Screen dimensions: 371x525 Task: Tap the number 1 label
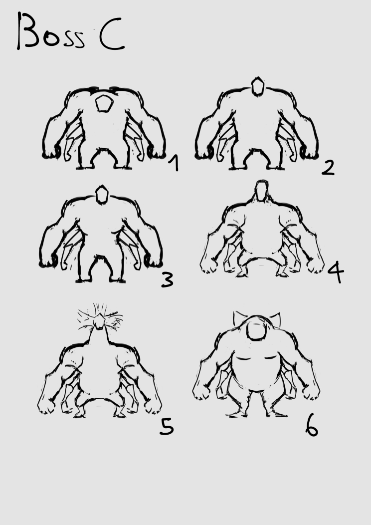pos(174,163)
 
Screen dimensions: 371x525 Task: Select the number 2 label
pos(328,167)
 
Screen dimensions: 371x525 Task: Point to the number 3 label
pos(167,280)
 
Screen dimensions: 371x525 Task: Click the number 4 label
pos(336,271)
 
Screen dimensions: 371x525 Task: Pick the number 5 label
pos(167,427)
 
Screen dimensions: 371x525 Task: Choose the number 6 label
pos(312,425)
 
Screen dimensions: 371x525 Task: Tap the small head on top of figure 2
pos(258,86)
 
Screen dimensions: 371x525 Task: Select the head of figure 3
pos(102,195)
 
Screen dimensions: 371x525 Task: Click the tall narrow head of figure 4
pos(262,191)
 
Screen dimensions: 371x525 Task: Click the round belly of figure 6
pos(257,372)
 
